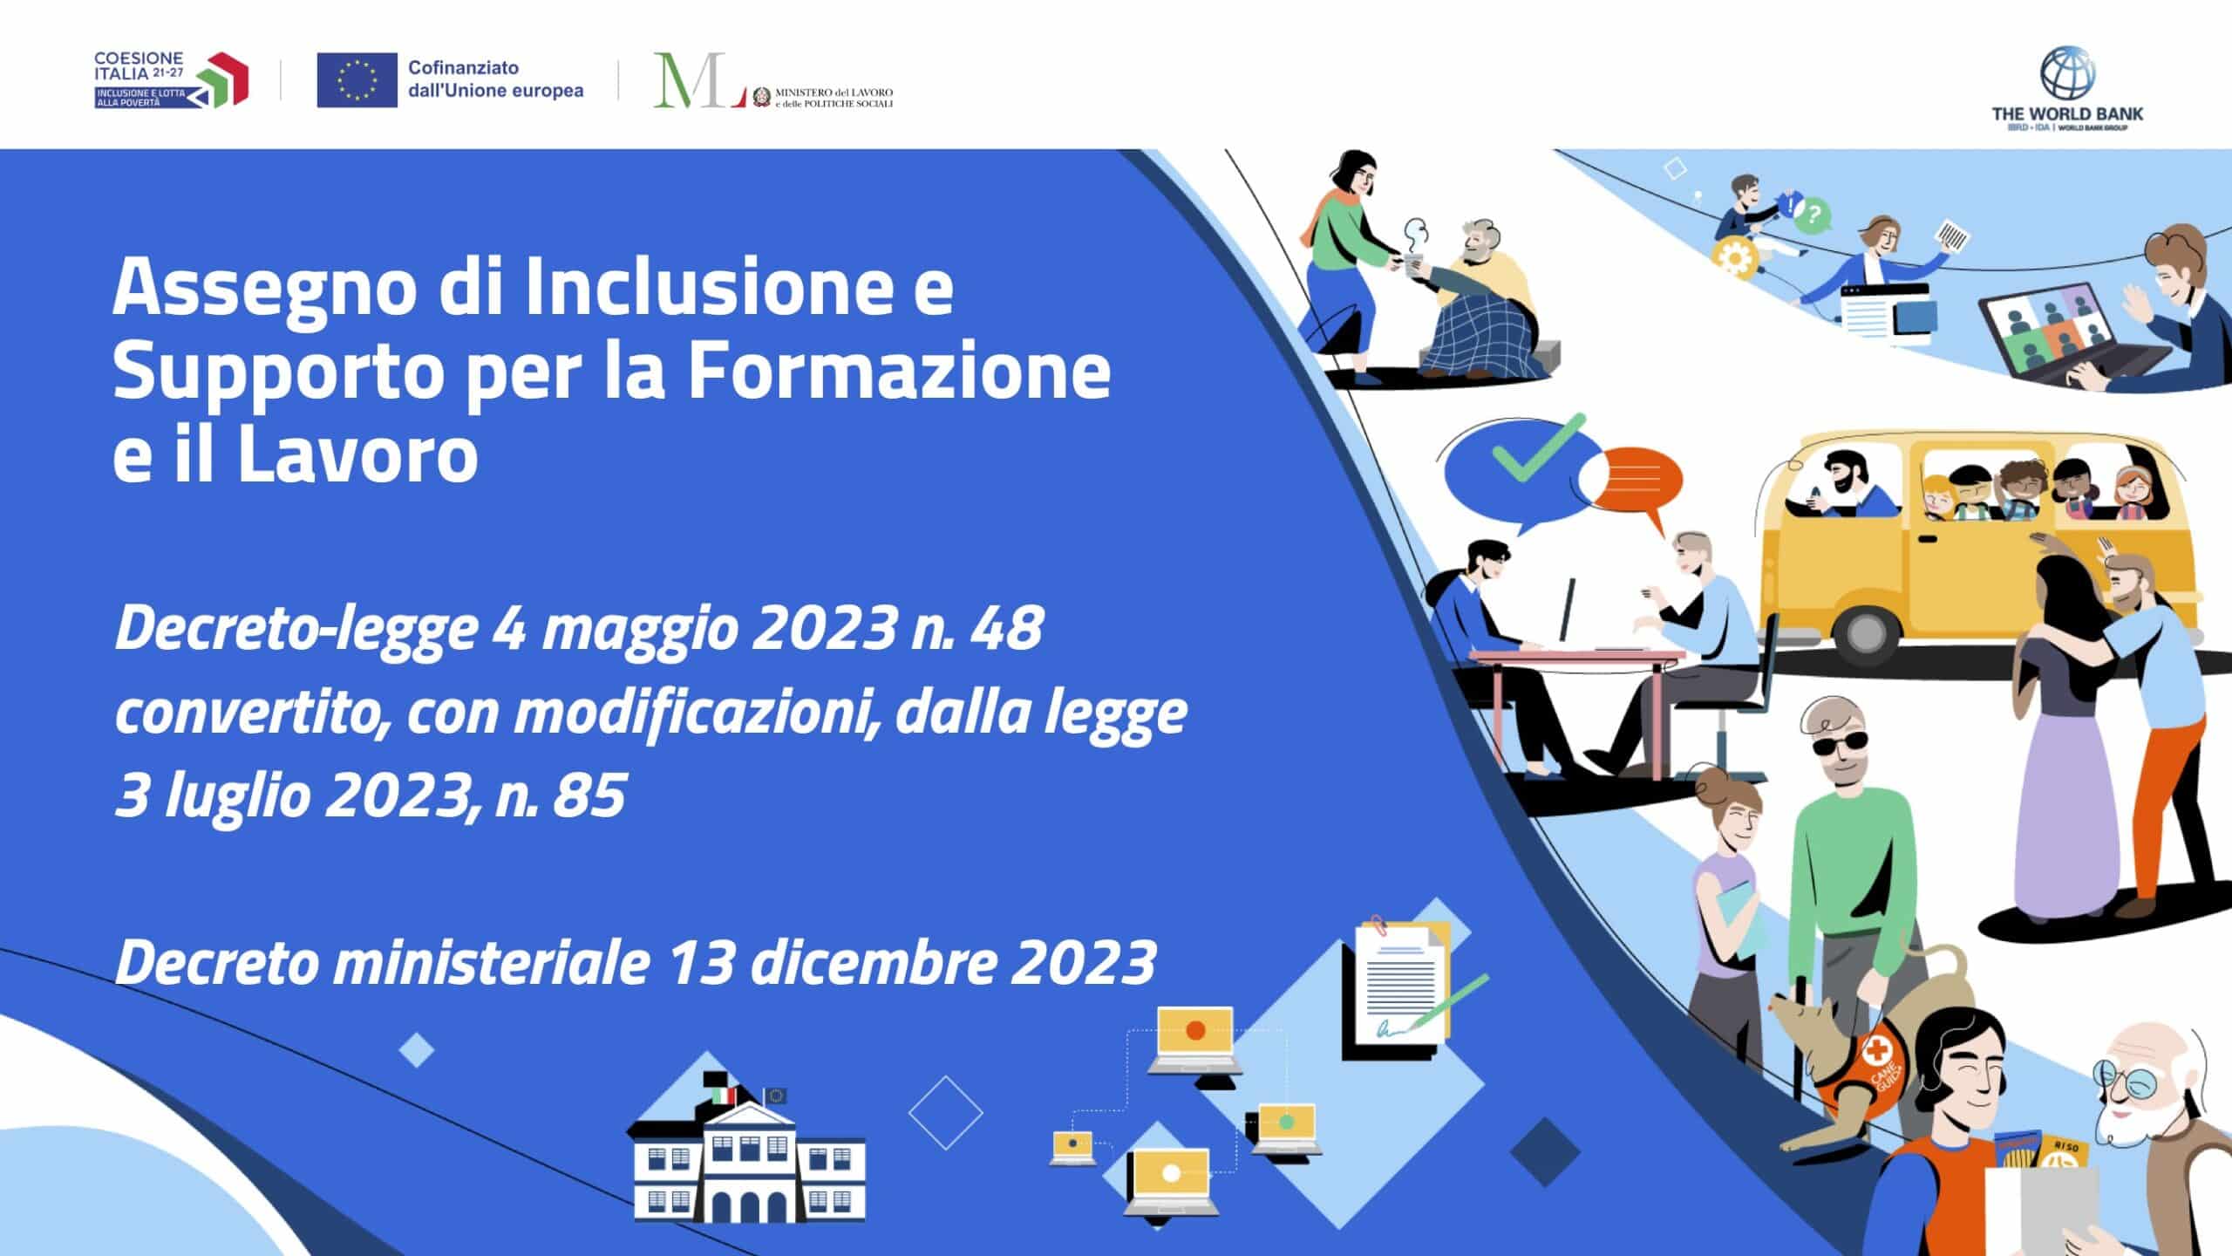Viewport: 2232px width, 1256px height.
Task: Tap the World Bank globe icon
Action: (2067, 76)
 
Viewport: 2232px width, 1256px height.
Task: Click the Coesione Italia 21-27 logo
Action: (171, 79)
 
